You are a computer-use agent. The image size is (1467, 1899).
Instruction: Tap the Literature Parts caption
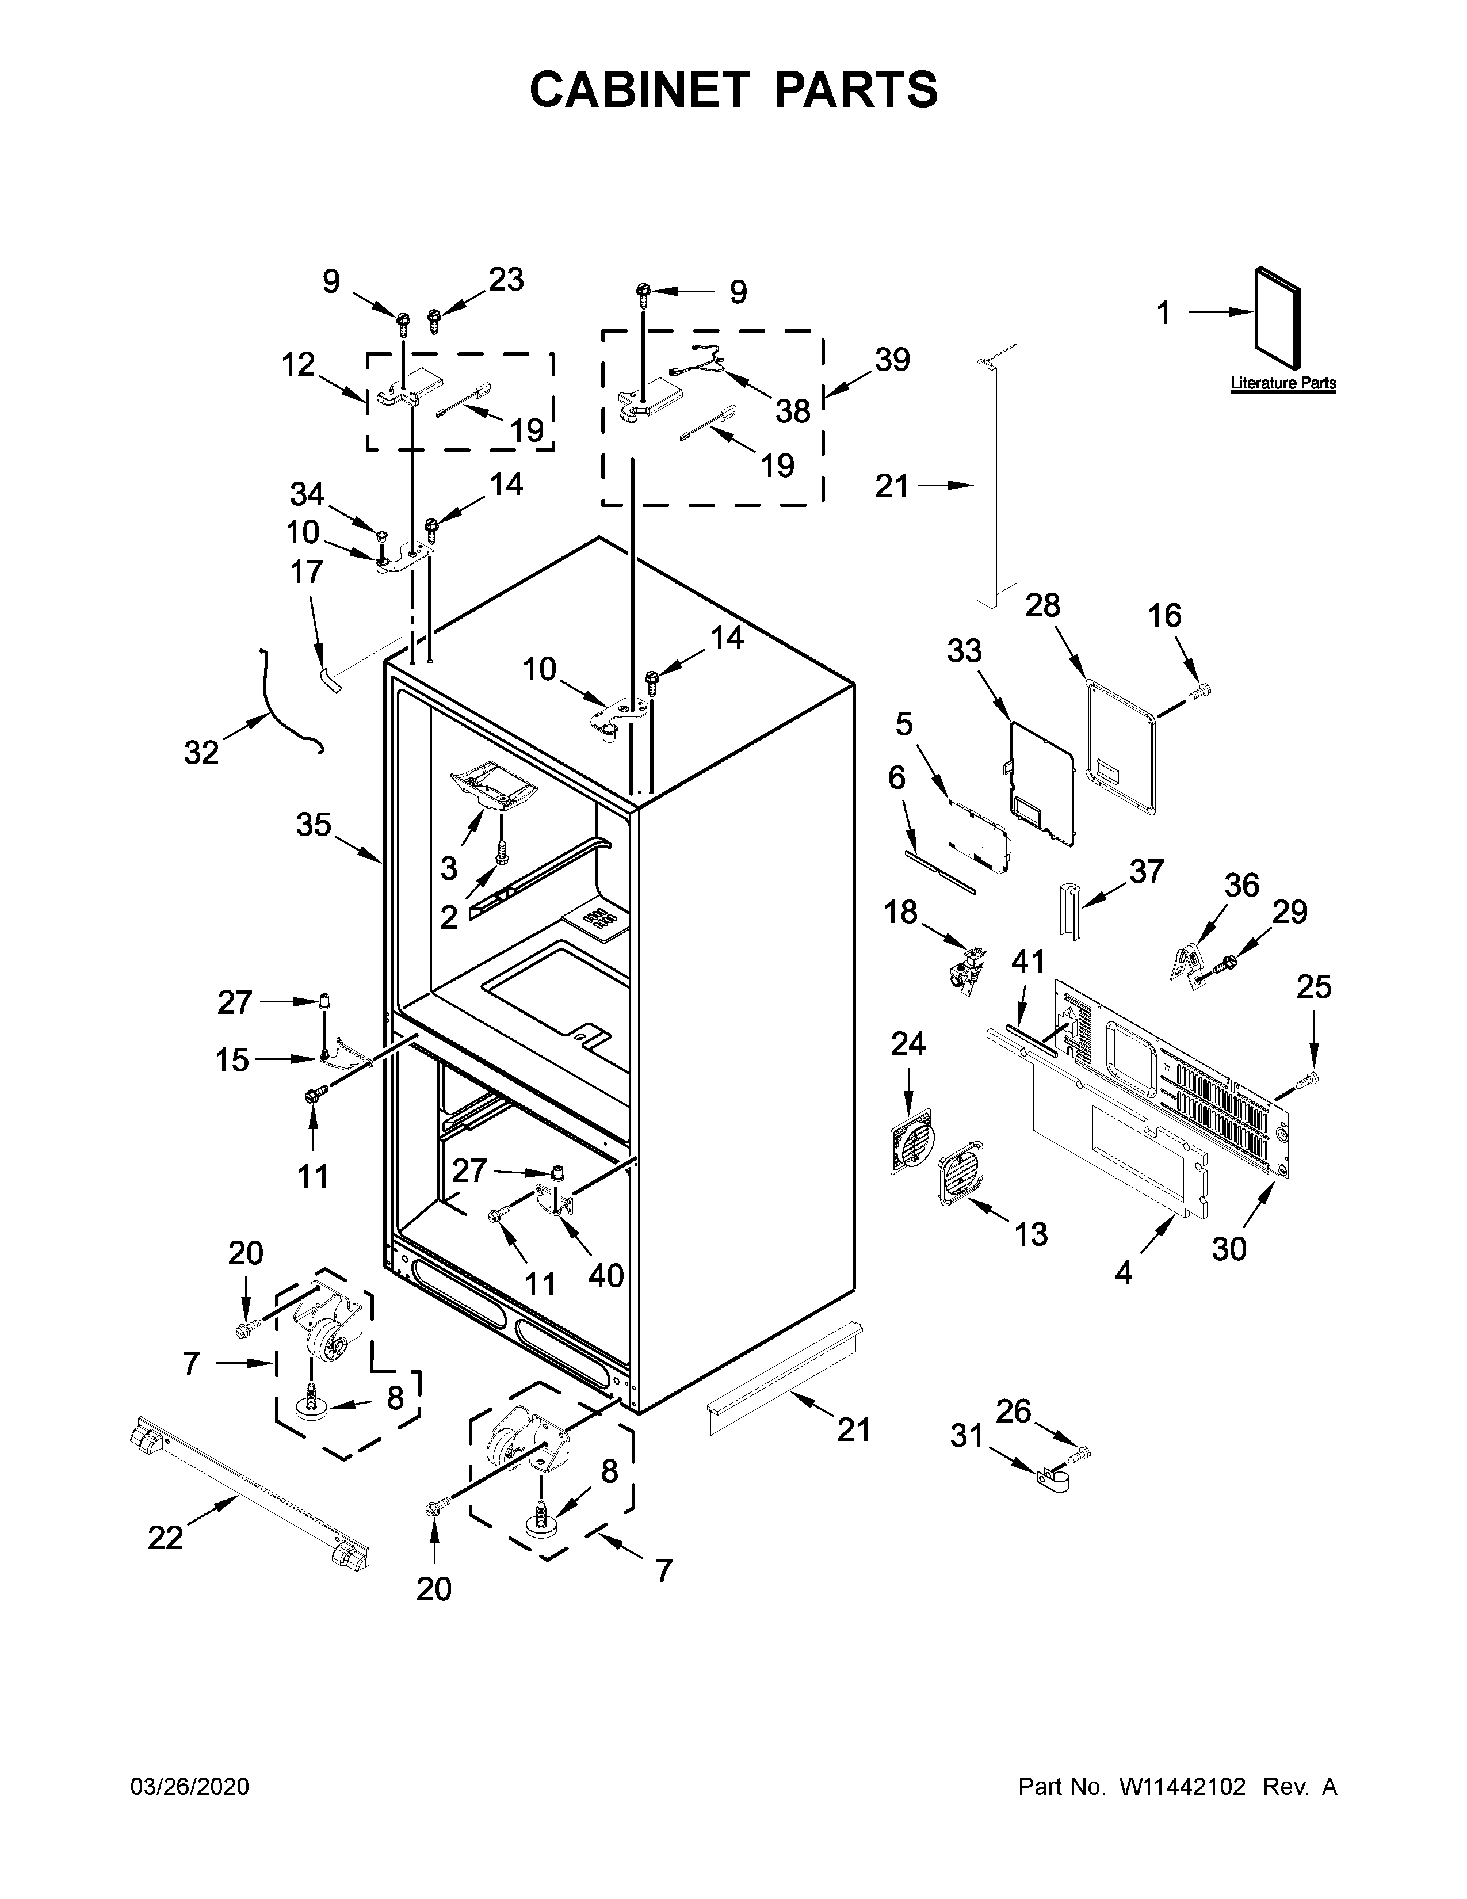pos(1283,383)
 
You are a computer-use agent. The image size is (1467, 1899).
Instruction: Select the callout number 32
pos(201,752)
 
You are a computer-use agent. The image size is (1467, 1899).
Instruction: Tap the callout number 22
pos(165,1537)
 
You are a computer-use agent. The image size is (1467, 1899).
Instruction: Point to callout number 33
pos(964,650)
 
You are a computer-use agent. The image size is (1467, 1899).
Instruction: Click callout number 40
pos(606,1276)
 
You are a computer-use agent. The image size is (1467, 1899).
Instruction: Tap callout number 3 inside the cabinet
pos(449,867)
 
